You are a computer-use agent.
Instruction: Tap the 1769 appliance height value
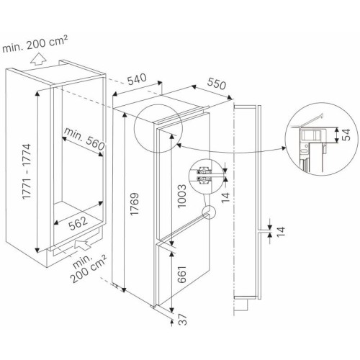(x=135, y=204)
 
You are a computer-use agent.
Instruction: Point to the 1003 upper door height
(x=181, y=196)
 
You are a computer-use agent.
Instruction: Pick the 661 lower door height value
(x=182, y=274)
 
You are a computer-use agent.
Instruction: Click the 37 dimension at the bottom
(x=183, y=320)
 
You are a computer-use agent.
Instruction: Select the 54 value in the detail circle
(x=346, y=135)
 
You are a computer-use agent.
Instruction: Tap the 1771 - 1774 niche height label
(x=27, y=171)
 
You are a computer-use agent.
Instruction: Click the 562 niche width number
(x=78, y=223)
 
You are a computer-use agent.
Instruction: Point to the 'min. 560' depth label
(x=84, y=139)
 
